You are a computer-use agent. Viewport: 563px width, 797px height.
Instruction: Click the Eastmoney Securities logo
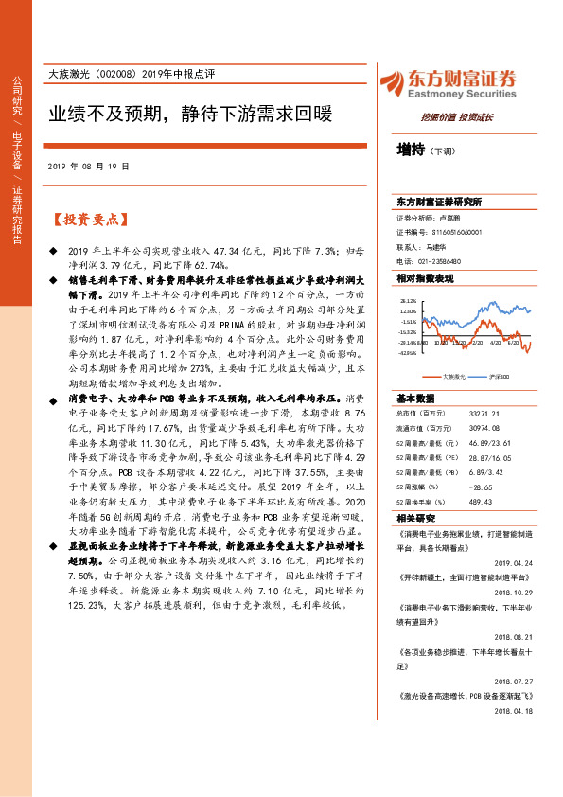click(x=447, y=83)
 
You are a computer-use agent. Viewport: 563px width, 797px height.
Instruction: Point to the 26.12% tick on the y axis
click(x=408, y=297)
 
